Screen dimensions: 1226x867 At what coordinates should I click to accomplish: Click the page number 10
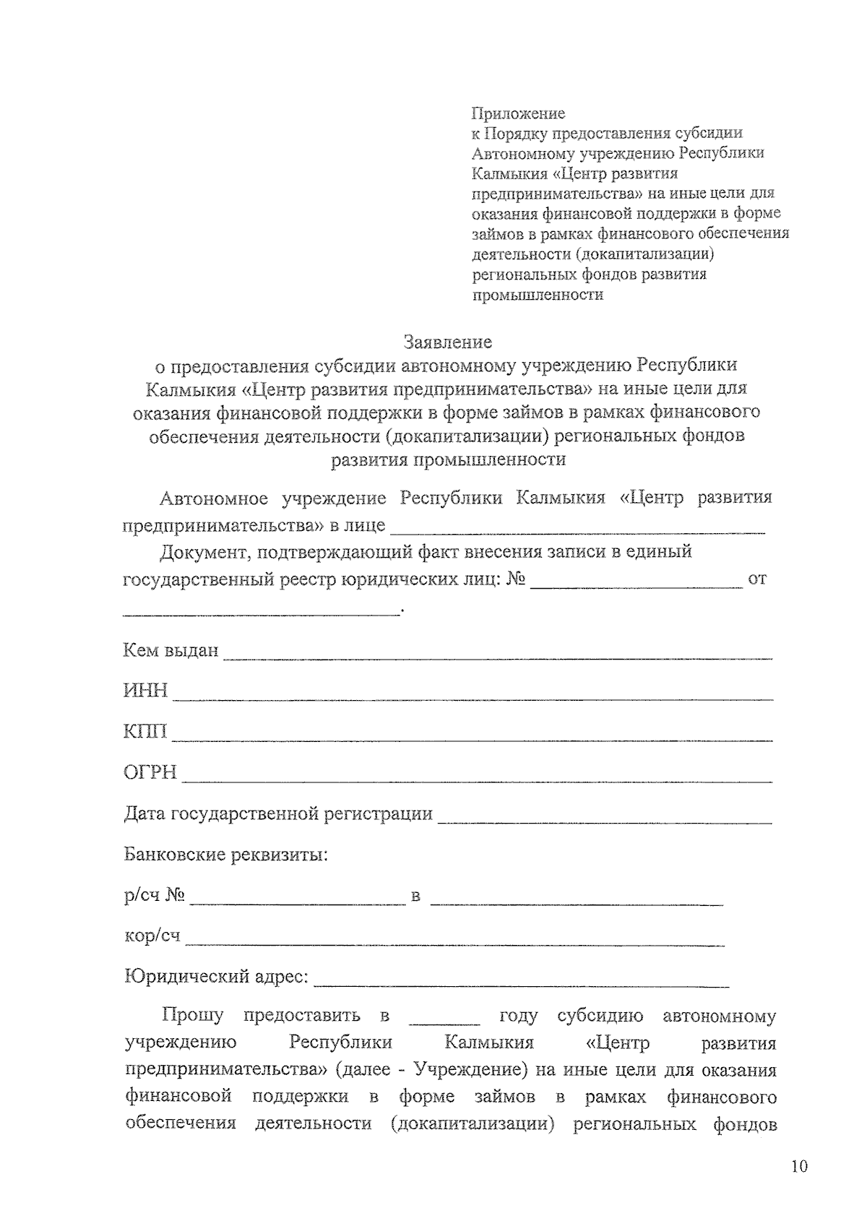798,1166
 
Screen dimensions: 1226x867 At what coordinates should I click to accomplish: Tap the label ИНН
145,691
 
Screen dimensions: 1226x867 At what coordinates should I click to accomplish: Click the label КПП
145,732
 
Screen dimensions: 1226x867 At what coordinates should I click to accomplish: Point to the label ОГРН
150,772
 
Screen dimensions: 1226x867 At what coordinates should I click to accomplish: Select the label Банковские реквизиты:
225,855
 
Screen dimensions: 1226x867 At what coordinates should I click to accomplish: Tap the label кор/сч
152,936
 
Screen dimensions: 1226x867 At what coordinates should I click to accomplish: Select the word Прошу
193,1016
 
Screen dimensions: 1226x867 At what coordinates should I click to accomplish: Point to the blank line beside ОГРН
477,780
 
